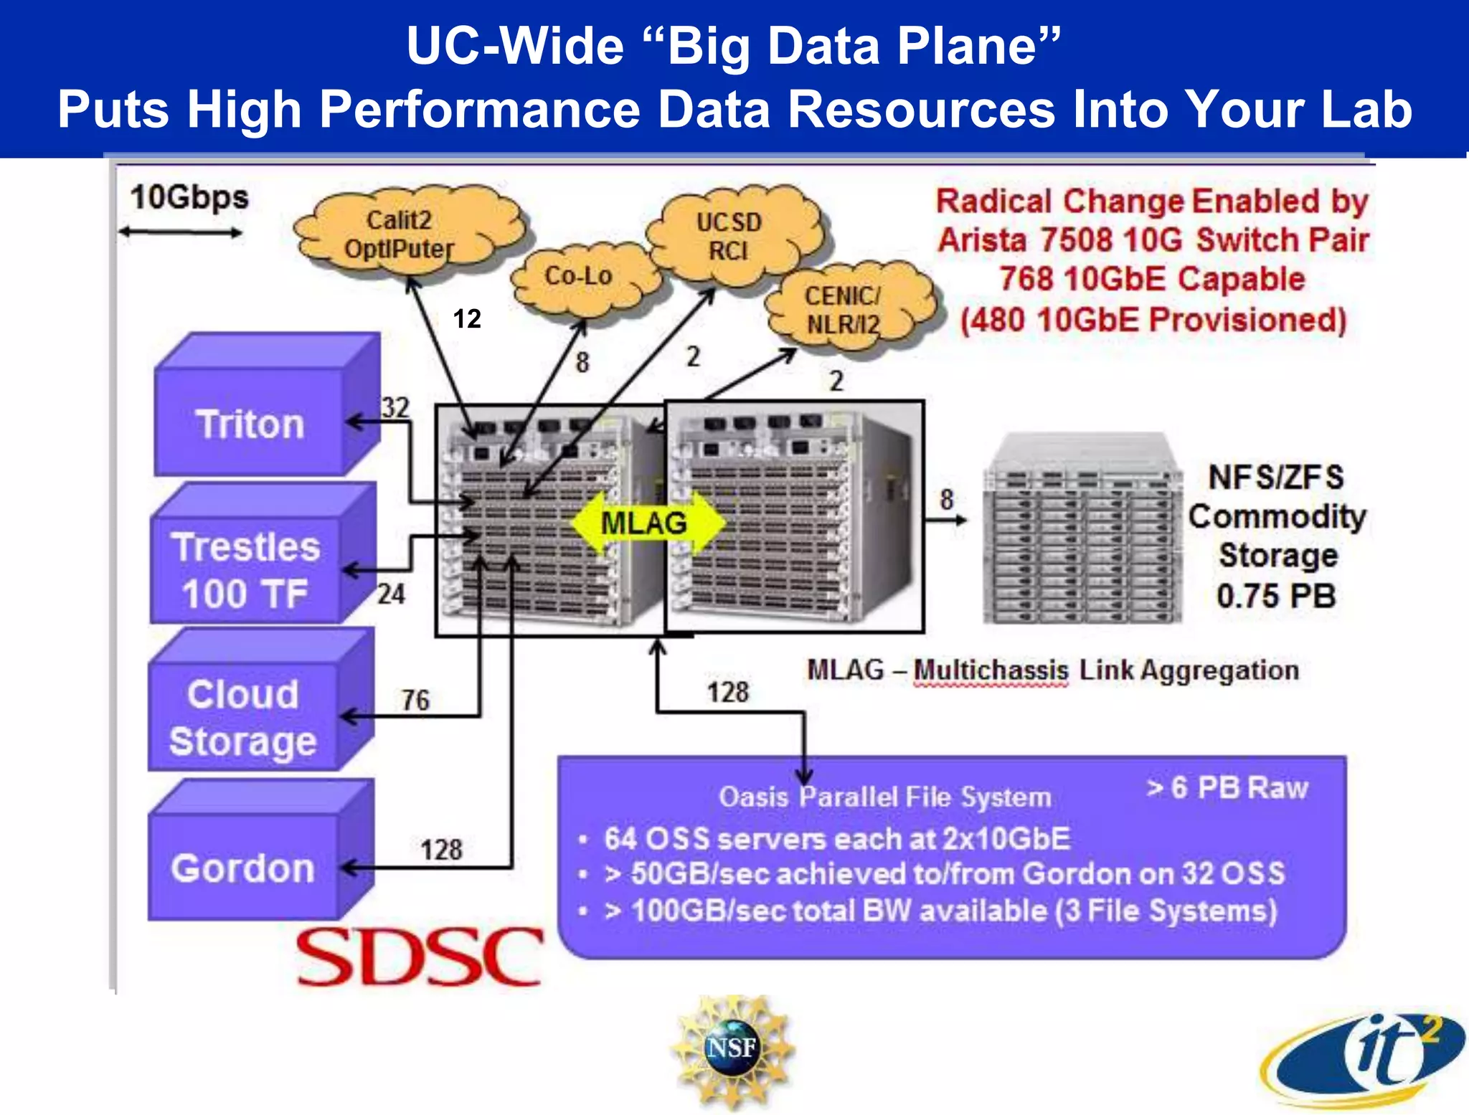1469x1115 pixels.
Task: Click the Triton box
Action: click(251, 423)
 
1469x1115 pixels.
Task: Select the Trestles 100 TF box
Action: click(246, 570)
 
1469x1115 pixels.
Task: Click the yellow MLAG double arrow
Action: click(645, 523)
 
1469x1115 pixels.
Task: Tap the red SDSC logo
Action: click(420, 957)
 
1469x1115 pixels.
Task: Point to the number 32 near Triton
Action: click(395, 407)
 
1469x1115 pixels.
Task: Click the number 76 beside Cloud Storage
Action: click(415, 700)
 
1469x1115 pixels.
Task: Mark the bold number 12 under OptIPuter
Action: click(467, 318)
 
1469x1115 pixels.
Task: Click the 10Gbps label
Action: click(189, 197)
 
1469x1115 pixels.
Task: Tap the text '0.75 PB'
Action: click(1276, 596)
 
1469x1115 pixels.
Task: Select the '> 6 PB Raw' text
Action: click(1227, 787)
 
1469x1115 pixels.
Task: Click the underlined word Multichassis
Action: click(991, 670)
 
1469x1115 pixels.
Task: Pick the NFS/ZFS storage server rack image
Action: click(1082, 529)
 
